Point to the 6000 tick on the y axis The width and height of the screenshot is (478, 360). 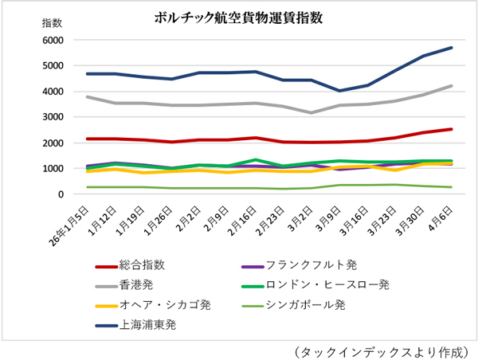pyautogui.click(x=52, y=40)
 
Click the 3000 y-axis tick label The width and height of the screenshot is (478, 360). pyautogui.click(x=52, y=117)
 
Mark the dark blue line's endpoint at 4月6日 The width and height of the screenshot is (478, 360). pyautogui.click(x=452, y=48)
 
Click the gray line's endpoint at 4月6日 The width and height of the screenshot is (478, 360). pyautogui.click(x=452, y=86)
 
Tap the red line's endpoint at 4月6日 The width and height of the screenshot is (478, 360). pyautogui.click(x=452, y=129)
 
